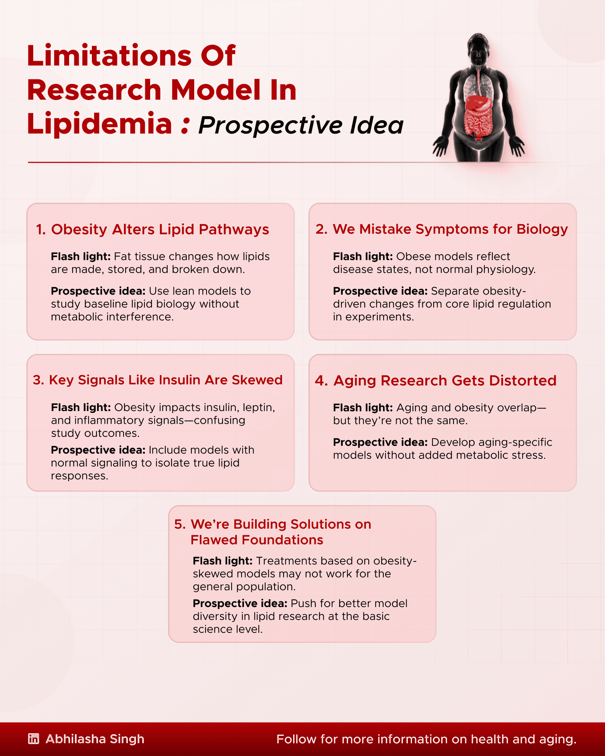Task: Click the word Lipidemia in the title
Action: coord(99,124)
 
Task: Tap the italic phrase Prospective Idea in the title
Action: coord(301,125)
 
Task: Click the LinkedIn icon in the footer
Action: coord(34,739)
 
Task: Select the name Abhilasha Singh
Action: coord(95,739)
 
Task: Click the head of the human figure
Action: coord(478,50)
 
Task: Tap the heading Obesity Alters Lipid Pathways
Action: coord(160,230)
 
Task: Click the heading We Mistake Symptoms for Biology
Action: coord(450,229)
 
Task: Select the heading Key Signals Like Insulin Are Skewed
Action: coord(165,380)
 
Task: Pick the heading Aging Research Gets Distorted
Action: coord(445,380)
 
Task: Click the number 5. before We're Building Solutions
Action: coord(180,524)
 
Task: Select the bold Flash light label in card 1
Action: coord(81,256)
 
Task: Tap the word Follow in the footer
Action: coord(296,739)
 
